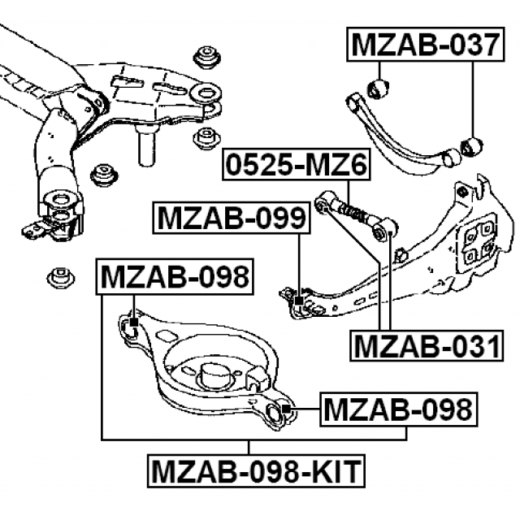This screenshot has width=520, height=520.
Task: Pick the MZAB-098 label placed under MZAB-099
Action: tap(175, 278)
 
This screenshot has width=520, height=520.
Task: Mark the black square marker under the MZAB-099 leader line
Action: tap(299, 302)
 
